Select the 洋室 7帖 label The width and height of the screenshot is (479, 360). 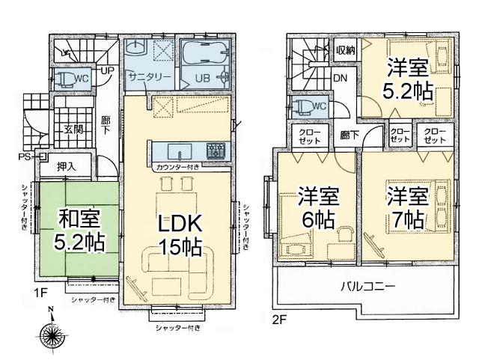point(407,209)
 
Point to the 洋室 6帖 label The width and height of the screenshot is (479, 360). point(318,209)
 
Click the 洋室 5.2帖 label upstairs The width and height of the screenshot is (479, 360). point(408,79)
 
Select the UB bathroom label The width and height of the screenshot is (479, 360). point(202,78)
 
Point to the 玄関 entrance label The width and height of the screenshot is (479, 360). point(73,129)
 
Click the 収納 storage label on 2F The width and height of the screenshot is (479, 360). point(345,50)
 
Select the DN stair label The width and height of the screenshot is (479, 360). point(340,78)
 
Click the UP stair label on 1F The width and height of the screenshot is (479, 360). point(107,71)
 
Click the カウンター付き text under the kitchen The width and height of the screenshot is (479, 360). point(177,167)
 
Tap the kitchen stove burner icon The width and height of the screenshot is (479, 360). point(216,148)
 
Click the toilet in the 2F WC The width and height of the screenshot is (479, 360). point(305,106)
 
